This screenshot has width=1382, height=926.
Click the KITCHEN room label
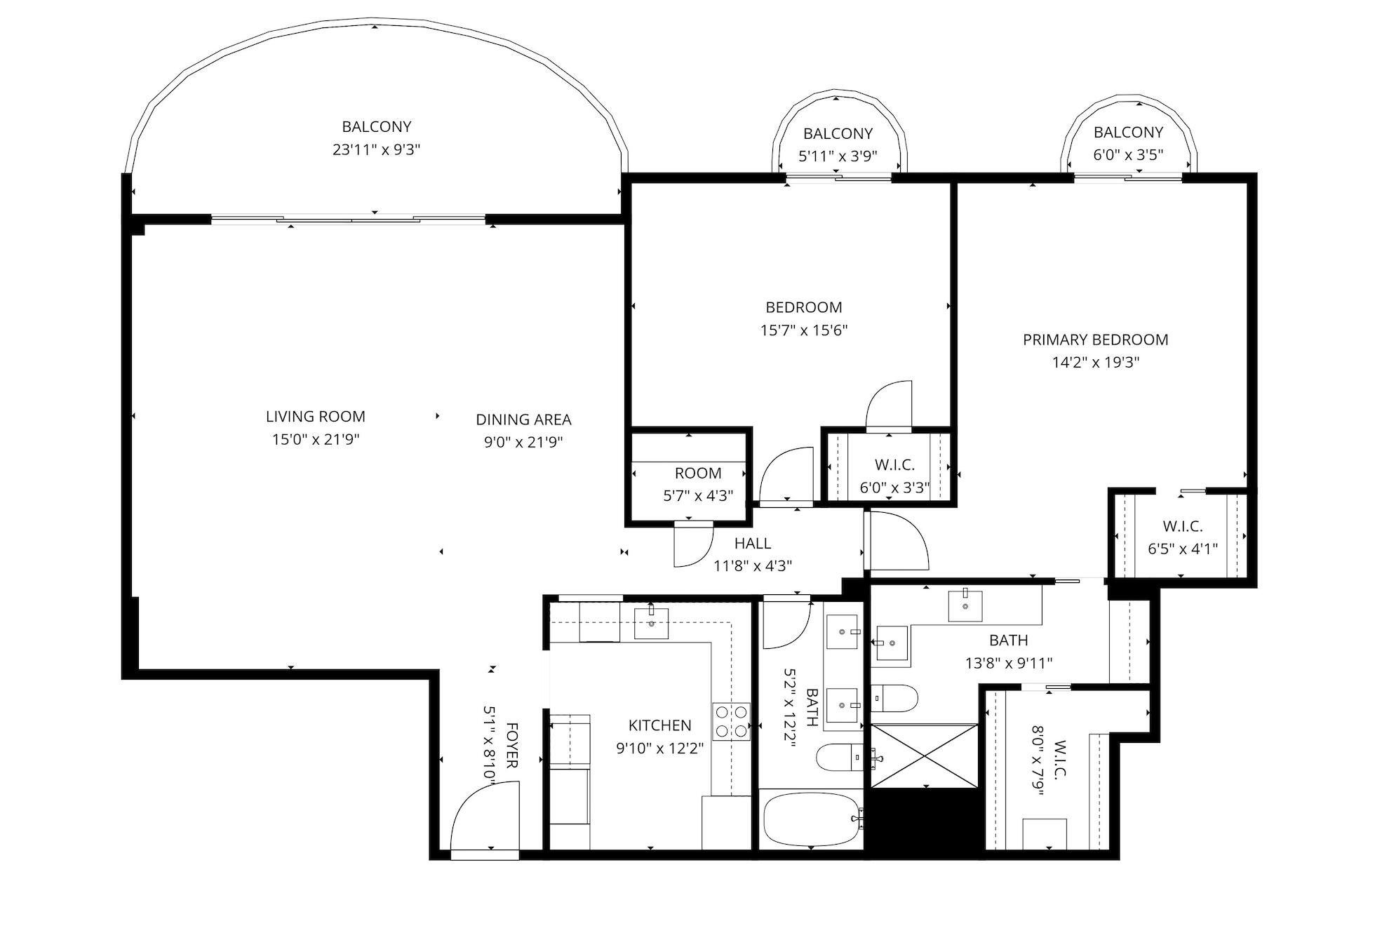[659, 725]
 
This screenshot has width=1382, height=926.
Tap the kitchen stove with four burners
[730, 722]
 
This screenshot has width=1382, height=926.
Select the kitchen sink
[651, 624]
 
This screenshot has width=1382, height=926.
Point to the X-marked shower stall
[924, 756]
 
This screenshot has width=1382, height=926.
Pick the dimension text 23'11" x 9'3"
[376, 149]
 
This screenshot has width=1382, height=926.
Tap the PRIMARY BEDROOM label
[1095, 340]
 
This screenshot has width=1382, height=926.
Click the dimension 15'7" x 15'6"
[804, 330]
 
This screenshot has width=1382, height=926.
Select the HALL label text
[752, 544]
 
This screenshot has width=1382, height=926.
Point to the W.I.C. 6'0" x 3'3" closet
[894, 466]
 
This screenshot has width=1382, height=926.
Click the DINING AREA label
[523, 420]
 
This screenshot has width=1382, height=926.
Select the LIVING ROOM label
[315, 417]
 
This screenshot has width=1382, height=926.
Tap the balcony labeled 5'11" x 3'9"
[838, 145]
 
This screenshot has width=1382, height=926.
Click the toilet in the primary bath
[896, 698]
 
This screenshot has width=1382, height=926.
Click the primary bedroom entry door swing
[898, 541]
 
